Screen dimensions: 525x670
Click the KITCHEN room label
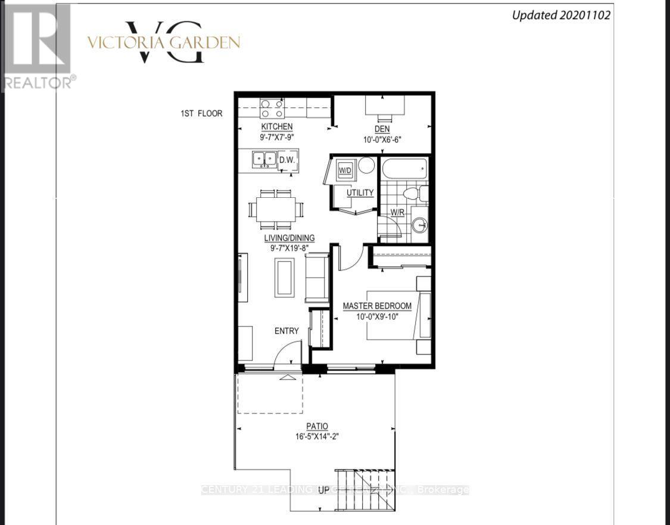click(x=277, y=126)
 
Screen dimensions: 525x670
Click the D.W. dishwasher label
click(x=289, y=160)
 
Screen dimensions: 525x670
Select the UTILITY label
click(x=360, y=192)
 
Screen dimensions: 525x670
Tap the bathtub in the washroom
click(x=404, y=169)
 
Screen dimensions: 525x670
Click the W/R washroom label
click(x=398, y=212)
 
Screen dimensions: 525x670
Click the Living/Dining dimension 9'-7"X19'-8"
click(x=289, y=248)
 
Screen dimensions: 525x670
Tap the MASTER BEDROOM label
click(x=376, y=306)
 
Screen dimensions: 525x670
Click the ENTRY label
click(x=286, y=331)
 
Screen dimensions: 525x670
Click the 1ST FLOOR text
click(x=202, y=113)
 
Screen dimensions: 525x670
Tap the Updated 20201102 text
click(x=561, y=15)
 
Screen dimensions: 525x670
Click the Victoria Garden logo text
click(x=163, y=42)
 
